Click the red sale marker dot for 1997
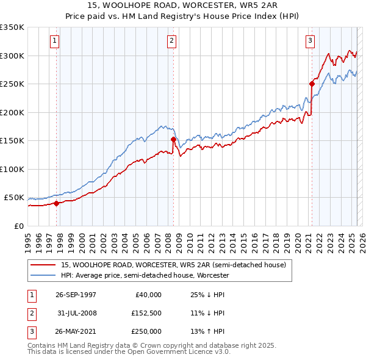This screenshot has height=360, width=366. click(57, 204)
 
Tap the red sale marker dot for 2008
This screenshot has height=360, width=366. click(173, 140)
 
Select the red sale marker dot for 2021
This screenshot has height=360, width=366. click(312, 84)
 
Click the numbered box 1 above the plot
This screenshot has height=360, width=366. click(55, 41)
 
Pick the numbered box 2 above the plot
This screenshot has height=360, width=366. click(171, 41)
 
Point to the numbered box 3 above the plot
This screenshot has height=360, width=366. click(310, 41)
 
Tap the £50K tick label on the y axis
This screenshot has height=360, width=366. click(14, 198)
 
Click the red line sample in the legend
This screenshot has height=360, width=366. click(43, 265)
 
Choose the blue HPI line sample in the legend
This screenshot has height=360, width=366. click(43, 275)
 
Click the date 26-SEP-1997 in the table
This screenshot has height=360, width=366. click(76, 295)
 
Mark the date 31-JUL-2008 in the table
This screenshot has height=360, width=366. click(76, 313)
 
